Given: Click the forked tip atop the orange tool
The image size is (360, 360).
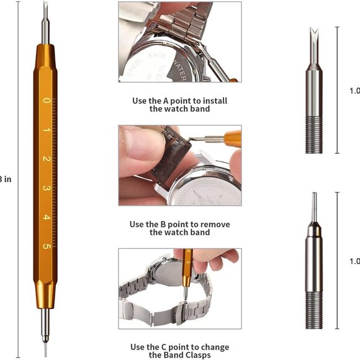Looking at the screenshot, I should click(x=45, y=9).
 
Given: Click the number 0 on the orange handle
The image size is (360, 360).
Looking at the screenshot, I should click(x=46, y=100).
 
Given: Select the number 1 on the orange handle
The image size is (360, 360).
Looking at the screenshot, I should click(x=46, y=130).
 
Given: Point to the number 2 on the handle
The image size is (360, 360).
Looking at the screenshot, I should click(x=46, y=159).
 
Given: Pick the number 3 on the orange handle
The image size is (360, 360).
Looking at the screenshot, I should click(x=46, y=188).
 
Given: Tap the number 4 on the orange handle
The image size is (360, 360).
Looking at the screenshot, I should click(x=46, y=217).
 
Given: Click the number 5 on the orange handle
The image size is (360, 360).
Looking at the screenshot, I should click(x=46, y=246).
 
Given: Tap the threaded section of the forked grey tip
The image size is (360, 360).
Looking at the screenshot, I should click(x=313, y=137).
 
